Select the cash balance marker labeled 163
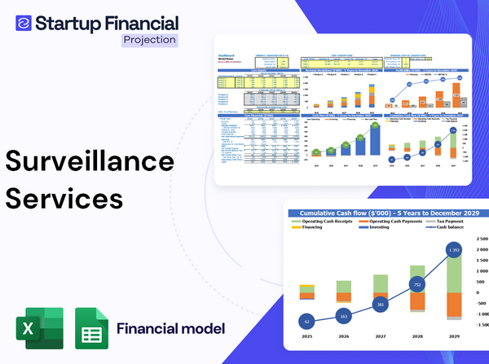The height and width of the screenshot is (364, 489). [342, 317]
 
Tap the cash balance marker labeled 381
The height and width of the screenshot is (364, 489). [379, 305]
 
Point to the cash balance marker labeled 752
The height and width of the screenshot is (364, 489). [416, 286]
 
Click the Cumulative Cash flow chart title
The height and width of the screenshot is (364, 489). [383, 210]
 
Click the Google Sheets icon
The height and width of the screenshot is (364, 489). [91, 329]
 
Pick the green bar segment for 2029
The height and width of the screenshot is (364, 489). [453, 269]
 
